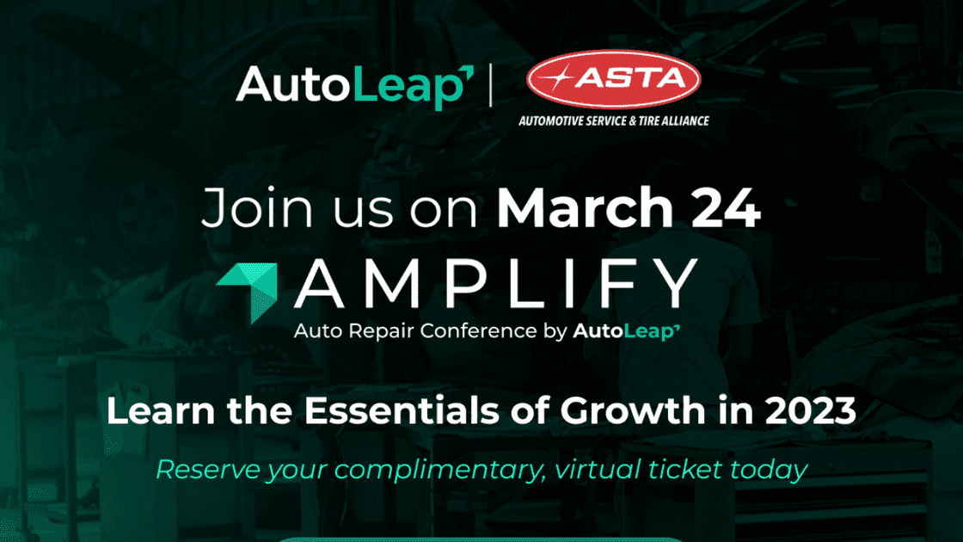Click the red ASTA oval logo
point(614,79)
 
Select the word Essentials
point(402,410)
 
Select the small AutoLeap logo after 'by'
point(627,332)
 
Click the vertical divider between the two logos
point(491,85)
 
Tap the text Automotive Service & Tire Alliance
point(614,121)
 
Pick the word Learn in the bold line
point(161,410)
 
